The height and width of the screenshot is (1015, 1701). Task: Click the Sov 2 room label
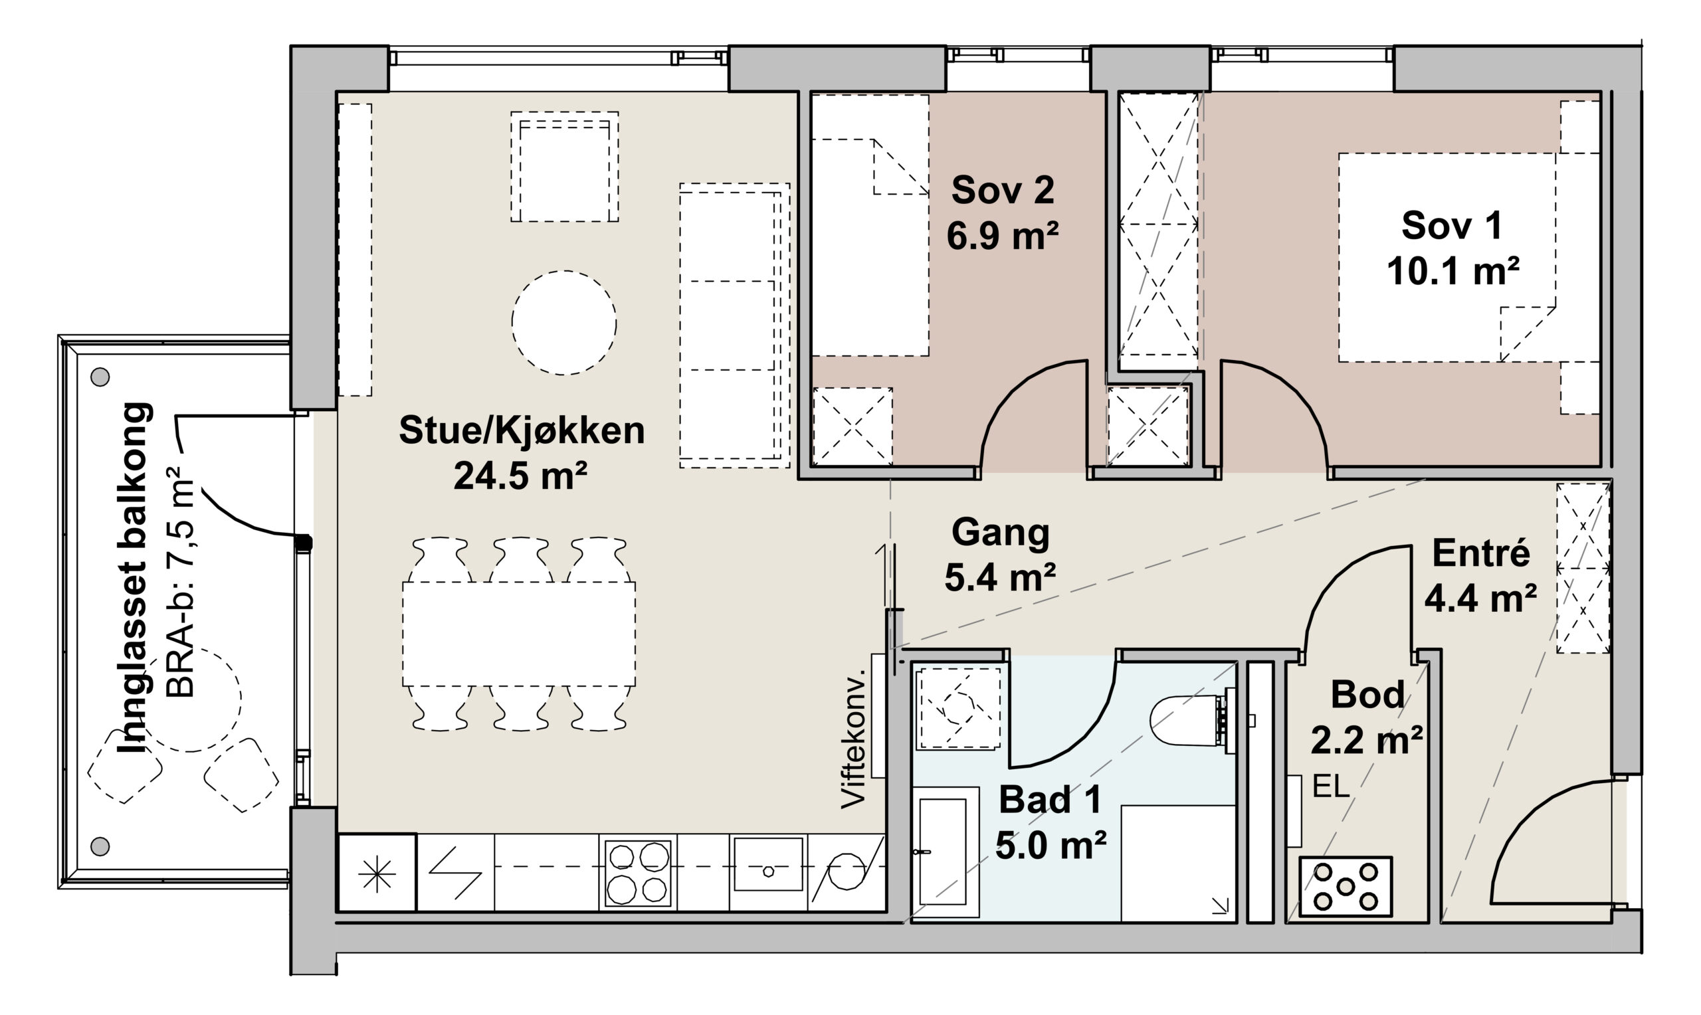point(1003,190)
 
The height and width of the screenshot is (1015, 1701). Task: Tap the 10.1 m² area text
point(1452,271)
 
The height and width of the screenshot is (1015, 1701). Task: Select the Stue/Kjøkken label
point(522,431)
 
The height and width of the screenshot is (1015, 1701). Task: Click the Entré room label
point(1481,553)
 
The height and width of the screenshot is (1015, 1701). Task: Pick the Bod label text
point(1367,695)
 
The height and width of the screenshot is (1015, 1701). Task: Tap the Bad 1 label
point(1050,800)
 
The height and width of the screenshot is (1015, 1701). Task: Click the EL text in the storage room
point(1330,787)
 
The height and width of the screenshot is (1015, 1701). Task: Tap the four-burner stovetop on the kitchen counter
point(638,872)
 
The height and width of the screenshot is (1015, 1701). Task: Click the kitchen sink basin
point(768,864)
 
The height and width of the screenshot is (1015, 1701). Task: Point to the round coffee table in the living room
point(564,323)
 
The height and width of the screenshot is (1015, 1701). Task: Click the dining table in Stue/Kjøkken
point(519,634)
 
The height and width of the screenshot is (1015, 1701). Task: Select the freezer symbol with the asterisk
point(377,873)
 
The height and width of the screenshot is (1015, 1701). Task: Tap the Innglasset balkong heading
point(135,579)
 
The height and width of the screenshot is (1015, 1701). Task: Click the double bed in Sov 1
point(1469,257)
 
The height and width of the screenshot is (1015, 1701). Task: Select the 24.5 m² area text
point(520,476)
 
